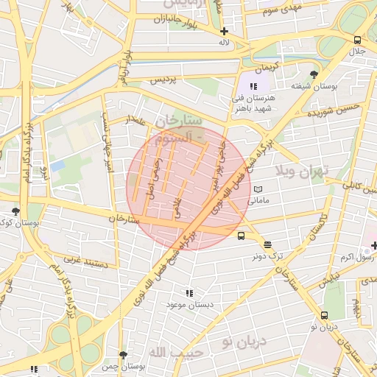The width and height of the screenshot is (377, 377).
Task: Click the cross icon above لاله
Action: pyautogui.click(x=224, y=31)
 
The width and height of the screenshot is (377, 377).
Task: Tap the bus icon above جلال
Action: pyautogui.click(x=357, y=40)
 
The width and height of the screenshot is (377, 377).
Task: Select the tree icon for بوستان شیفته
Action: pyautogui.click(x=314, y=74)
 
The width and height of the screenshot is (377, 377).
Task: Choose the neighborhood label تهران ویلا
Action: pyautogui.click(x=300, y=172)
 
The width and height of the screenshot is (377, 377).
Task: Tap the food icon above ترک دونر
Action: pyautogui.click(x=267, y=245)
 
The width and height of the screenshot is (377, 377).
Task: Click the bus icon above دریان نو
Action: pyautogui.click(x=324, y=314)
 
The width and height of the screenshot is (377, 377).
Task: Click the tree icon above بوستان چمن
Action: pyautogui.click(x=123, y=355)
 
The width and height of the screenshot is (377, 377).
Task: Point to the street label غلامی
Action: pyautogui.click(x=177, y=201)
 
